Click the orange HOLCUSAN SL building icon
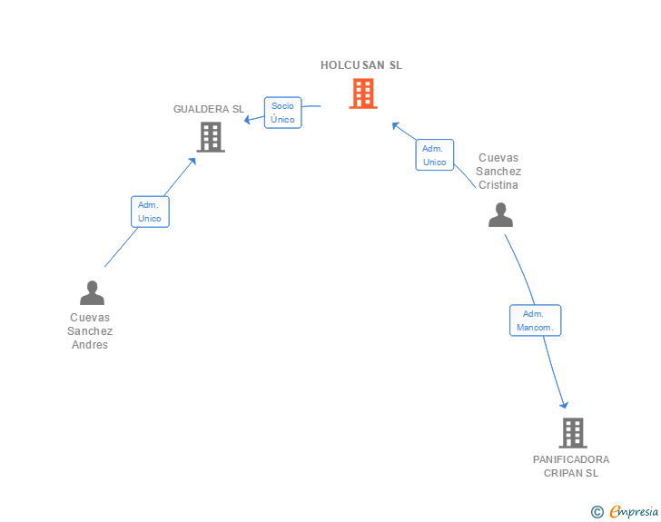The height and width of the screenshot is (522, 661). click(x=363, y=94)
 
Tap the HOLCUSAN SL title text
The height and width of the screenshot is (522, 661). click(x=361, y=65)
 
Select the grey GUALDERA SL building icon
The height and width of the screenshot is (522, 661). click(x=211, y=137)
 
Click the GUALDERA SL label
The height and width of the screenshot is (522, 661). click(x=209, y=109)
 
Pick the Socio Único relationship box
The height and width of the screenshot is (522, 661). click(x=283, y=113)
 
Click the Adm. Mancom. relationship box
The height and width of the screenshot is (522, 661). click(x=536, y=320)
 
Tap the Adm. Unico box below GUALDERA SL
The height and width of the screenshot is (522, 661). click(x=150, y=212)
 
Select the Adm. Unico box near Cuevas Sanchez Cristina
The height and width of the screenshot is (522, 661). click(x=435, y=155)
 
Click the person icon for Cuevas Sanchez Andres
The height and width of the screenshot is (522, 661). click(x=92, y=292)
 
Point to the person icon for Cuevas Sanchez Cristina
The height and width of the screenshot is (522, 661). click(x=500, y=214)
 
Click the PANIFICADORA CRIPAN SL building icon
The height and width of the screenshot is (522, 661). click(x=573, y=433)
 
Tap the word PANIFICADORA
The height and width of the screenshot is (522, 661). click(x=571, y=459)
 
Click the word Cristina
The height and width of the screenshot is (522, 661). click(x=498, y=185)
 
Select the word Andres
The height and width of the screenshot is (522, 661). click(x=90, y=345)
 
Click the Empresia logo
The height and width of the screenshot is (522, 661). click(x=634, y=512)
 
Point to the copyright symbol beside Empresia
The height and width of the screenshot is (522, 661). click(x=597, y=512)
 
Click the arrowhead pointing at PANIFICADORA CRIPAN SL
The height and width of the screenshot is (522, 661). click(x=565, y=405)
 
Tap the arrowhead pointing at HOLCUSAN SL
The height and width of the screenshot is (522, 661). click(x=396, y=125)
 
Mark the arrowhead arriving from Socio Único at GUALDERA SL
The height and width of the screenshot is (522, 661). click(x=248, y=120)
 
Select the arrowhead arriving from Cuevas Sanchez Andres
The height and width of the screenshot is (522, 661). click(x=192, y=161)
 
